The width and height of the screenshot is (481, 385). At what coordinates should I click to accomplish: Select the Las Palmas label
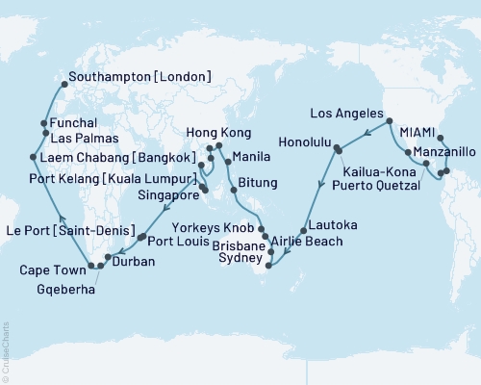click(85, 137)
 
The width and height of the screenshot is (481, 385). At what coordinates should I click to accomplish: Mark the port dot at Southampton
click(63, 83)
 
